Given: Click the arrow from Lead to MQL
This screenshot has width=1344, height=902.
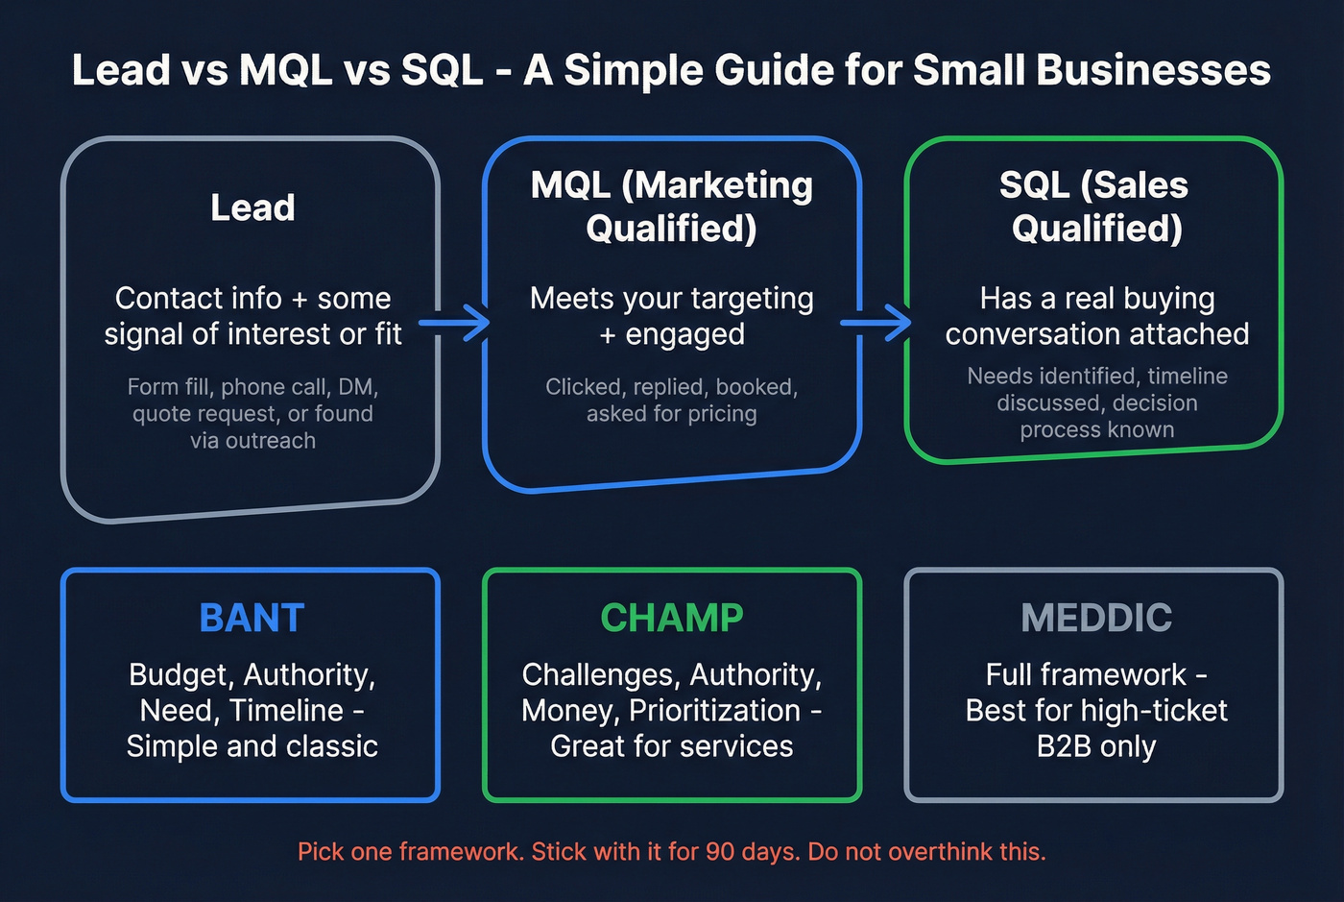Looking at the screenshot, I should click(x=456, y=323).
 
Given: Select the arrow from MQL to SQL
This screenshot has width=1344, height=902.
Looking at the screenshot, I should click(x=876, y=323).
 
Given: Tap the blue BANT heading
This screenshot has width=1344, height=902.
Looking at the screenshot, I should click(x=252, y=618).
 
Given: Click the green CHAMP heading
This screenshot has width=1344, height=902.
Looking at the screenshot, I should click(x=672, y=618).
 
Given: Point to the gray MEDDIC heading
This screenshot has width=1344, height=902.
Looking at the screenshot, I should click(x=1096, y=618).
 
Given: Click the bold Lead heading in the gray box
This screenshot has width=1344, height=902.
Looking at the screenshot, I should click(x=252, y=207).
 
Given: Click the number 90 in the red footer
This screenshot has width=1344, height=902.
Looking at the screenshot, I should click(x=720, y=852).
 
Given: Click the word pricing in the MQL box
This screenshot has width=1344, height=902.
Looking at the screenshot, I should click(x=721, y=414).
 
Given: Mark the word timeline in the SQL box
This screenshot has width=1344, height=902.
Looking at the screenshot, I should click(x=1187, y=377).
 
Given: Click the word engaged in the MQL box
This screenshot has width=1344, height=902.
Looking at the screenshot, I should click(x=684, y=334).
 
